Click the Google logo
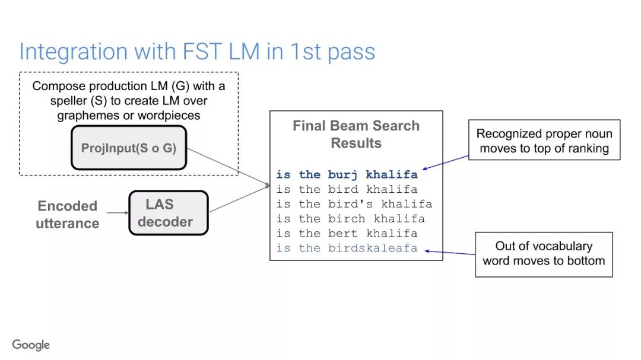pyautogui.click(x=31, y=345)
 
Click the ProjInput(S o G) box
pyautogui.click(x=129, y=148)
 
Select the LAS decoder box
pyautogui.click(x=169, y=213)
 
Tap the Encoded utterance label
pyautogui.click(x=68, y=215)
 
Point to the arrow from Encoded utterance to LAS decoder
pyautogui.click(x=118, y=213)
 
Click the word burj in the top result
pyautogui.click(x=342, y=174)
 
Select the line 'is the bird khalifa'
pyautogui.click(x=347, y=189)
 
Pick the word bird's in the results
pyautogui.click(x=350, y=204)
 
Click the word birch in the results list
pyautogui.click(x=347, y=219)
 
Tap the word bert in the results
pyautogui.click(x=342, y=233)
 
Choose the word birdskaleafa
pyautogui.click(x=373, y=248)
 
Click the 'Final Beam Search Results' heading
pyautogui.click(x=356, y=134)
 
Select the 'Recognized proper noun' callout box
pyautogui.click(x=544, y=140)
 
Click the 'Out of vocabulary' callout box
pyautogui.click(x=544, y=254)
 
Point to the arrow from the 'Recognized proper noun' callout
pyautogui.click(x=446, y=163)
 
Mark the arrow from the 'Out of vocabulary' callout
pyautogui.click(x=450, y=253)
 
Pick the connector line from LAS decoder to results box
pyautogui.click(x=239, y=199)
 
